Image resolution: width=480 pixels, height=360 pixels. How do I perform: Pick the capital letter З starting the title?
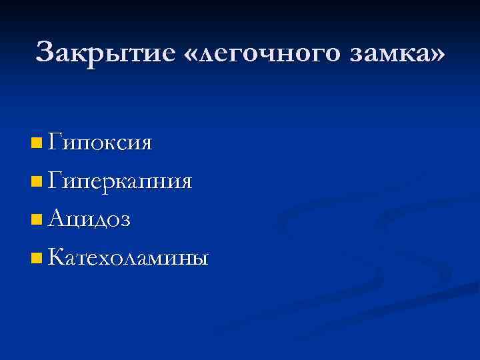point(46,52)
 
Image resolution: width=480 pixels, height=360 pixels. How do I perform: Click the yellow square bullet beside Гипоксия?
point(36,143)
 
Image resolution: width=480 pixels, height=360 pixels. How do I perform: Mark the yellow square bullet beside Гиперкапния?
point(36,181)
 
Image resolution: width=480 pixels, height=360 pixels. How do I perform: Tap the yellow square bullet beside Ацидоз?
point(36,219)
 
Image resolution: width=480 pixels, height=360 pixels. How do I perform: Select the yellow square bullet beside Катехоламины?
point(36,257)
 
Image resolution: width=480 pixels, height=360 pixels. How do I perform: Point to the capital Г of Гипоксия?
point(55,141)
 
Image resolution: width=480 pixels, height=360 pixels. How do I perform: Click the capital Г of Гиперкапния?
point(55,179)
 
